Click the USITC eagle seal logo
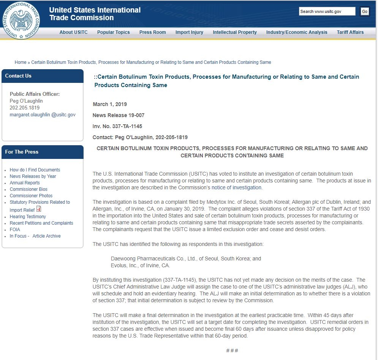[21, 20]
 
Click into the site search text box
[327, 11]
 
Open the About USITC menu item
[73, 32]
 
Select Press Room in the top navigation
[152, 32]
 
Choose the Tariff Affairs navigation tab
[350, 32]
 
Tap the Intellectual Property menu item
[234, 32]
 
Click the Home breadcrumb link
[21, 62]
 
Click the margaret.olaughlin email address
[43, 114]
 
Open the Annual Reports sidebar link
[25, 183]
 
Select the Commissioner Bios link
[28, 189]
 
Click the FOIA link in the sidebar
[15, 230]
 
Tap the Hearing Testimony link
[28, 217]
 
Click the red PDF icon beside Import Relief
[39, 209]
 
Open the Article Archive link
[46, 236]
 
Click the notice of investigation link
[236, 187]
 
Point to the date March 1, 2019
[110, 104]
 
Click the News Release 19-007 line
[119, 115]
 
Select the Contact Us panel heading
[18, 76]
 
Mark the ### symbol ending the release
[232, 350]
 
